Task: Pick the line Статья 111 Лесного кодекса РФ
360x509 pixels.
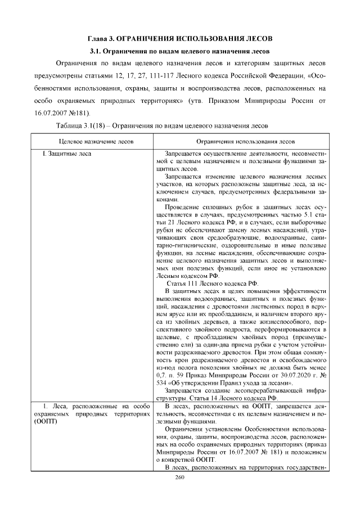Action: pyautogui.click(x=215, y=283)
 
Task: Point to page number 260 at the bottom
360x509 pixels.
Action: pyautogui.click(x=180, y=477)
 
